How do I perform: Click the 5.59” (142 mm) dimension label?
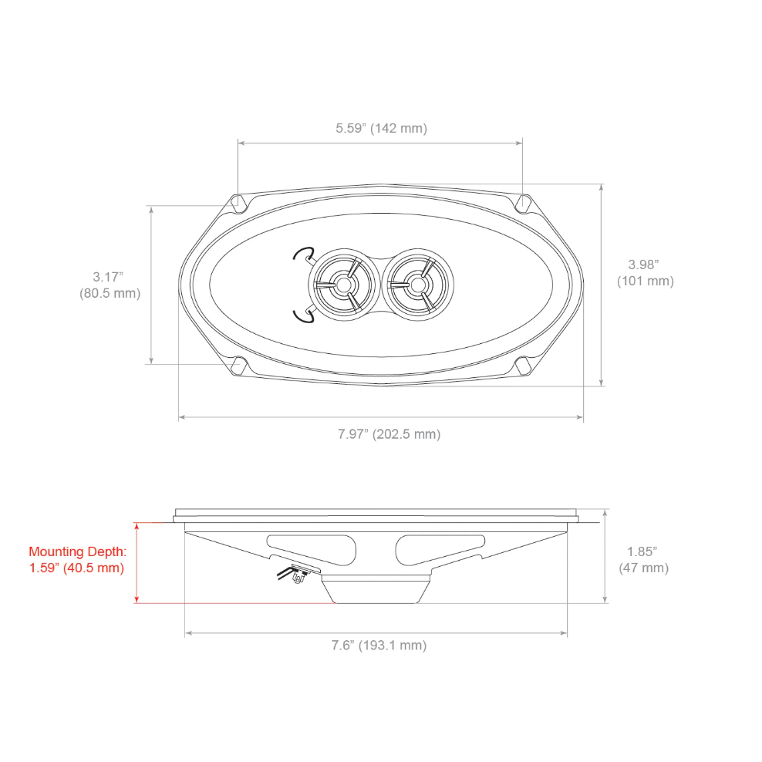click(x=382, y=128)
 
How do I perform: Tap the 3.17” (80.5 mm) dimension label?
click(x=110, y=285)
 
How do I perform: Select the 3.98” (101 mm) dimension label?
click(x=645, y=272)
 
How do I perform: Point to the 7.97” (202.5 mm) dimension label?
click(x=389, y=434)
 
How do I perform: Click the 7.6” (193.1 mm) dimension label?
click(x=379, y=646)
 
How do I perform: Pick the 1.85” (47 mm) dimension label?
click(x=643, y=560)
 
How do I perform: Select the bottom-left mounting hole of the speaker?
click(x=238, y=366)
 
